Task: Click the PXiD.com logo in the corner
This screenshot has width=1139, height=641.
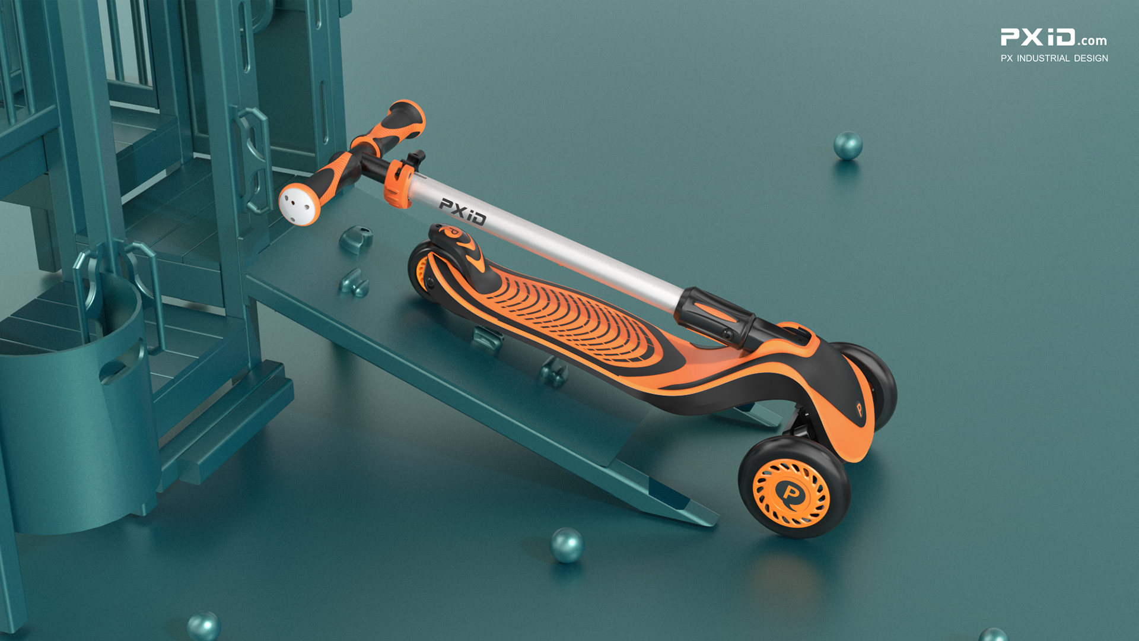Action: point(1053,37)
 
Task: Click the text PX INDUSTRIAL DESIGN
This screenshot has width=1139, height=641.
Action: point(1054,58)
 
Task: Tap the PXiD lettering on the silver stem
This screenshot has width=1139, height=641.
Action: point(462,211)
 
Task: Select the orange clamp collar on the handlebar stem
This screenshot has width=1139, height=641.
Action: point(398,183)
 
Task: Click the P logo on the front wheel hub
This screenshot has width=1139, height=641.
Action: point(791,493)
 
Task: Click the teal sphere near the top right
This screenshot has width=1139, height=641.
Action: point(847,145)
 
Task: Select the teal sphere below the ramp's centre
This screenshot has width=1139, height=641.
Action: point(567,544)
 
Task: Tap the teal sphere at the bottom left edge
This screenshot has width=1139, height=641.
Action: point(203,626)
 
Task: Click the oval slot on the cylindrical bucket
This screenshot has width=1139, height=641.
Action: point(113,371)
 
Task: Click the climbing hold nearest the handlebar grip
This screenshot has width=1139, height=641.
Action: point(357,239)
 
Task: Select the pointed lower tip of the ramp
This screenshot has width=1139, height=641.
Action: point(712,522)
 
